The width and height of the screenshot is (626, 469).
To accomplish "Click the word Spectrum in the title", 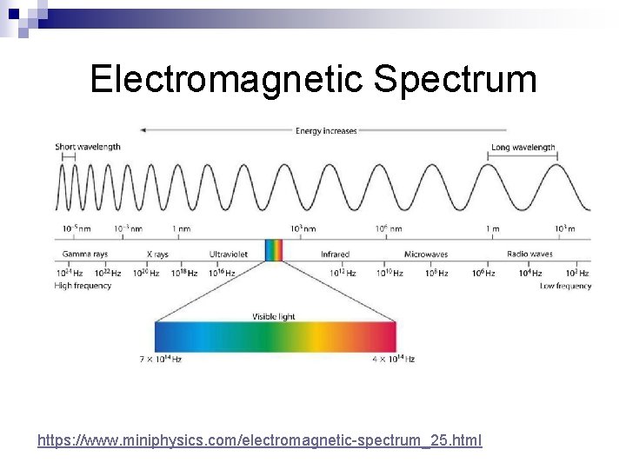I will [x=456, y=80].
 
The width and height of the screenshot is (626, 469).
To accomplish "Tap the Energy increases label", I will [x=326, y=131].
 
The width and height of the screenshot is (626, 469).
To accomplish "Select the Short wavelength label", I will [x=88, y=148].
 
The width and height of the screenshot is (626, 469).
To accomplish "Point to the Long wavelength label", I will [x=523, y=148].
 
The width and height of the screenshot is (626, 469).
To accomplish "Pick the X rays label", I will [x=157, y=254].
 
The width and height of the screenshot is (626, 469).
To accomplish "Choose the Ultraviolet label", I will [x=229, y=254].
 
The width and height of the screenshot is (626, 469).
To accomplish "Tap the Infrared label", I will [x=335, y=254].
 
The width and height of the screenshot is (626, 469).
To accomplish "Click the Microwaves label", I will [x=426, y=254].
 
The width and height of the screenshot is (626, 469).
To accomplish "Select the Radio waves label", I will [x=529, y=254].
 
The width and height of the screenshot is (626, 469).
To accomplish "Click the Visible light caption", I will [x=274, y=316].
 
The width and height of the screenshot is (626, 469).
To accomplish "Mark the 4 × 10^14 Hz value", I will [x=393, y=359].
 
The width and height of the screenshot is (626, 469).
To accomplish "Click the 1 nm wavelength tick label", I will [x=181, y=228].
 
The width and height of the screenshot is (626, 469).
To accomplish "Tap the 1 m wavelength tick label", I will [x=492, y=228].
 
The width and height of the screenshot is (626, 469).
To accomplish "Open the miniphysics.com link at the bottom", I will [x=259, y=441].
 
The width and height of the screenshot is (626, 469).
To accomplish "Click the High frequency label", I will [x=83, y=286].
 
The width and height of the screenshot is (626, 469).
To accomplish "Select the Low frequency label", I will [x=565, y=286].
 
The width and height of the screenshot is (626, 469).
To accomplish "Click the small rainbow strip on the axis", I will [x=274, y=250].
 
